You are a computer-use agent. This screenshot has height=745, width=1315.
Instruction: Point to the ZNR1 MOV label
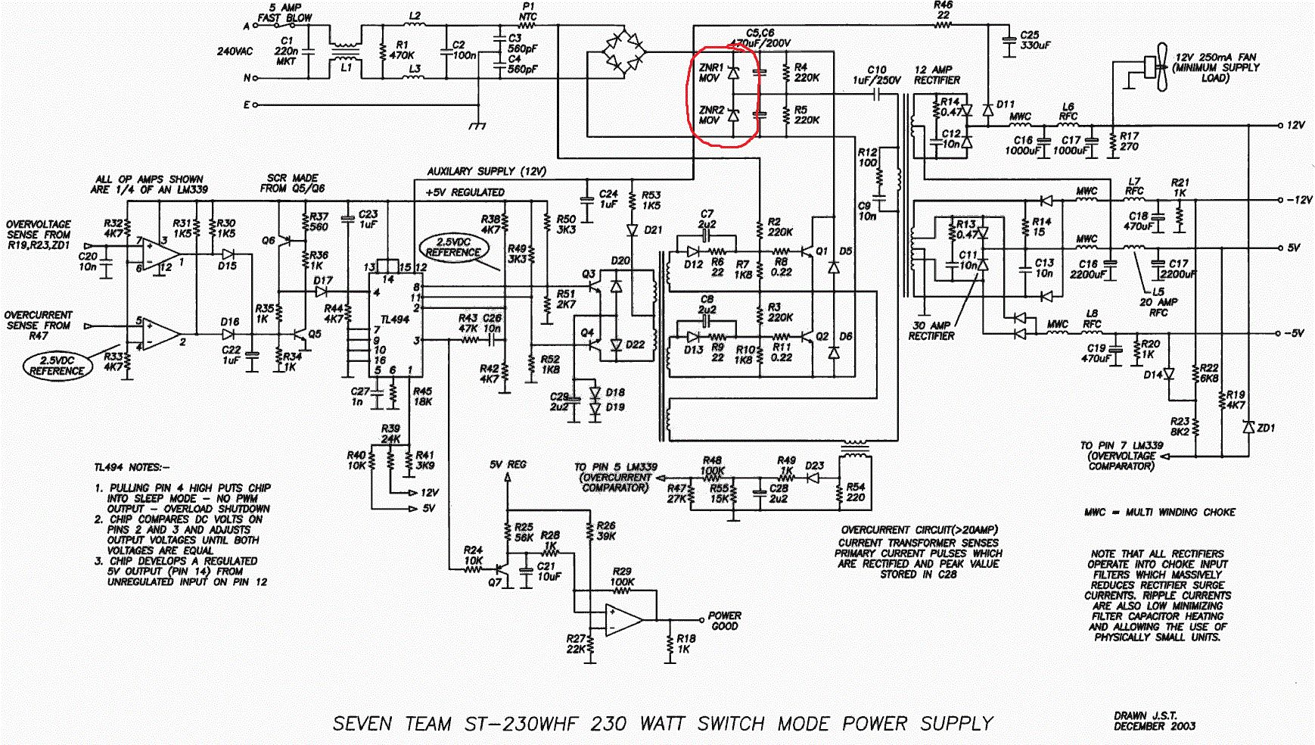[x=711, y=73]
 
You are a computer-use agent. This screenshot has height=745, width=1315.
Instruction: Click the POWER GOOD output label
[x=725, y=621]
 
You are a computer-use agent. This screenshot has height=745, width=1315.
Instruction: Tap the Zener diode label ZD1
[x=1265, y=428]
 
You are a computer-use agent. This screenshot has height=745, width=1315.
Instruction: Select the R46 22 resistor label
[x=944, y=10]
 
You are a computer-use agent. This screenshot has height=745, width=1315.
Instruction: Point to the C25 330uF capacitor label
[x=1035, y=40]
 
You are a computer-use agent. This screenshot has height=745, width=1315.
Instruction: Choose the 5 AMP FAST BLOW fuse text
[x=284, y=13]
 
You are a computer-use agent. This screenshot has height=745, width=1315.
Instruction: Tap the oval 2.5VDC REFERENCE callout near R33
[x=57, y=366]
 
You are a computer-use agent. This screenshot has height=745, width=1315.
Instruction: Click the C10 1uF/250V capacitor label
[x=877, y=75]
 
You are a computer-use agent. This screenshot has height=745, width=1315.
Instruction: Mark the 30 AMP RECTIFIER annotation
[x=932, y=330]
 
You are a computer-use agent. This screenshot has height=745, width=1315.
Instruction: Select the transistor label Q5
[x=314, y=334]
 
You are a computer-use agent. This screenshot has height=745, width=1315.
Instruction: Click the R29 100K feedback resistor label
[x=622, y=577]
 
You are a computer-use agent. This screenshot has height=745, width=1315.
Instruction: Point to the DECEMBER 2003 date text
[x=1155, y=726]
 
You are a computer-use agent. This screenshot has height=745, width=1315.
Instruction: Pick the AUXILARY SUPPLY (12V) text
[x=487, y=172]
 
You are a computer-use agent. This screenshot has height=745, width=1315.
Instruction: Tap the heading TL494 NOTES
[x=132, y=467]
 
